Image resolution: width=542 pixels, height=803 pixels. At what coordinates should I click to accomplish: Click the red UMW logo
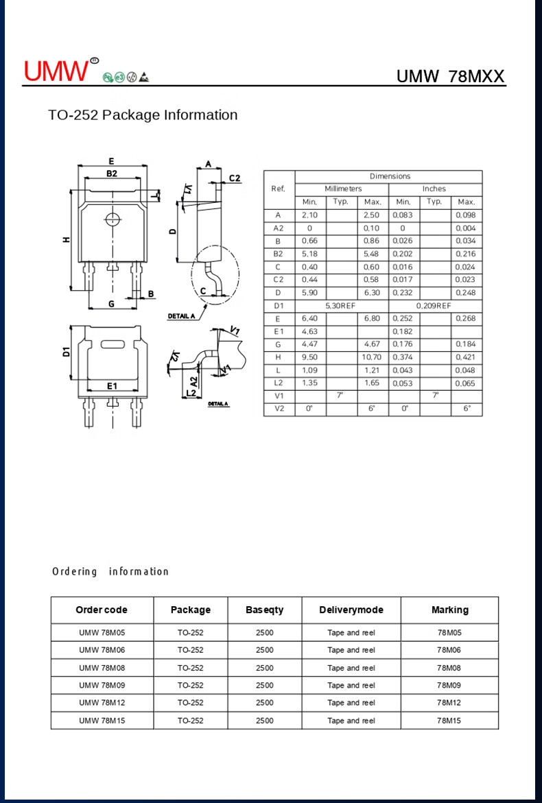coord(56,70)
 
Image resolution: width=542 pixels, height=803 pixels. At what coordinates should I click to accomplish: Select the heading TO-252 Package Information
coord(143,115)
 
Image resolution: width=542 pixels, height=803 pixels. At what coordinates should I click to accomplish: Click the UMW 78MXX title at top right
coord(450,76)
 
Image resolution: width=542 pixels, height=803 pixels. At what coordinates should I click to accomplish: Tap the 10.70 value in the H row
coord(371,357)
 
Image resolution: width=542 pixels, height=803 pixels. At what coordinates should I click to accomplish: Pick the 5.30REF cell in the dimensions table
coord(341,306)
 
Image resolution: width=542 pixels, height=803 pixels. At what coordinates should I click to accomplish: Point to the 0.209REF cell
coord(434,306)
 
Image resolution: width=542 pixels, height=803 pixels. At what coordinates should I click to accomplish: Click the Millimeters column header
coord(342,189)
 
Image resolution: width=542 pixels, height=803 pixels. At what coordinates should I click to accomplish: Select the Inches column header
coord(434,189)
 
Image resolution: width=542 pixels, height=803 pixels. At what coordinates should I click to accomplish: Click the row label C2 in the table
coord(278,280)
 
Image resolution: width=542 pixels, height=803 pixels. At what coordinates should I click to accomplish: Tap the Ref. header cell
coord(278,189)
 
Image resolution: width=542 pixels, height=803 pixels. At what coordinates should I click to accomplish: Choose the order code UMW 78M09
coord(102,685)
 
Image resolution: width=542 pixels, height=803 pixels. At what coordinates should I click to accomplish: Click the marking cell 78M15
coord(449,720)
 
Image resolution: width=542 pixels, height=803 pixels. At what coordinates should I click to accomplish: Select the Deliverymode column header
coord(351,610)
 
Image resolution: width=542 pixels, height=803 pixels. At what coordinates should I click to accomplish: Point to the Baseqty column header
coord(264,610)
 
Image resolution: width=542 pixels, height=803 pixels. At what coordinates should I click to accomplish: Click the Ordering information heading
coord(110,571)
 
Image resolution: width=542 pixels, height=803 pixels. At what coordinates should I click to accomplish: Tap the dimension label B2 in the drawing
coord(111,174)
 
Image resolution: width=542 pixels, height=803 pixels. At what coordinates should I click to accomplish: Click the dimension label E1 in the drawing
coord(113,386)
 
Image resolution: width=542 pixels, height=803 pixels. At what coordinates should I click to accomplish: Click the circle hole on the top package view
coord(111,219)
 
